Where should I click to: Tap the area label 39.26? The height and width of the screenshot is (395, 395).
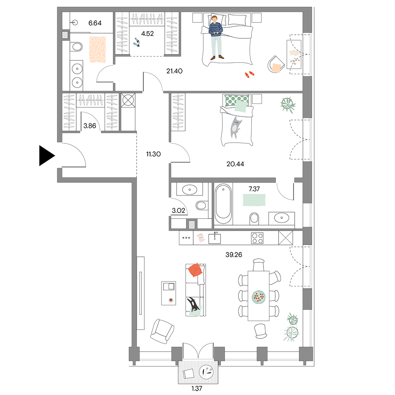coord(233,255)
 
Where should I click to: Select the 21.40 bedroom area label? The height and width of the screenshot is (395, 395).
coord(174,71)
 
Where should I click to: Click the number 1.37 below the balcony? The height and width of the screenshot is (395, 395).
coord(197,388)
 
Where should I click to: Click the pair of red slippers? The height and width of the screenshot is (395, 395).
coord(250,74)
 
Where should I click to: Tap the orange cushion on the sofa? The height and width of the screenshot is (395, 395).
coord(195,270)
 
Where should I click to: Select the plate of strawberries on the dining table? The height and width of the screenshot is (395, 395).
coord(259,297)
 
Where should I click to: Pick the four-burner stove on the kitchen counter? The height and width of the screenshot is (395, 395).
coord(257,238)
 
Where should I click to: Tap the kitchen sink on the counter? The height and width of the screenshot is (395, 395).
coord(214,238)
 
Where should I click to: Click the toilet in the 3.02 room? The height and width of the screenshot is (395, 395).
coord(202,205)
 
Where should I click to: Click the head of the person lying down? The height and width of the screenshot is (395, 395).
coord(214,19)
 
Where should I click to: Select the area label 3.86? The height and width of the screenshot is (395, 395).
coord(90,126)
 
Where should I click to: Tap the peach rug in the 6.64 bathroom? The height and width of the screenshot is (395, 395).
coord(98,50)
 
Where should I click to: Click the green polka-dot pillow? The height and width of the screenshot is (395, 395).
coord(237,100)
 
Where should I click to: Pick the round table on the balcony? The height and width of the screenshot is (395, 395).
coord(206,372)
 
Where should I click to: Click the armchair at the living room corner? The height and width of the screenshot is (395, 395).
coord(162,331)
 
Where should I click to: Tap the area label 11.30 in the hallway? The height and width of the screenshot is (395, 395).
coord(153,154)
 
